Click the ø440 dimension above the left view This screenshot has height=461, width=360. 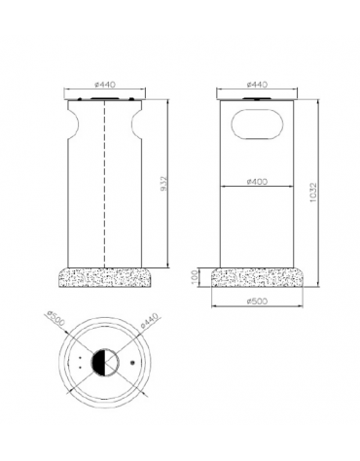pos(105,85)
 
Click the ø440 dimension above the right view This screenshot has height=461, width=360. pos(257,85)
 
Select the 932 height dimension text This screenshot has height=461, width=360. pos(164,183)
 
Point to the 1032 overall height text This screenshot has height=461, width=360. pos(313,193)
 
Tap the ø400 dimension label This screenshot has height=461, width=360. pos(257,182)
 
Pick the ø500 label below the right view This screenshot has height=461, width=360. pos(257,301)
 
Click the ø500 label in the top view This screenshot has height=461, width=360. pos(55,318)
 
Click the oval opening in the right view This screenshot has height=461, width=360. pos(258,124)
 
